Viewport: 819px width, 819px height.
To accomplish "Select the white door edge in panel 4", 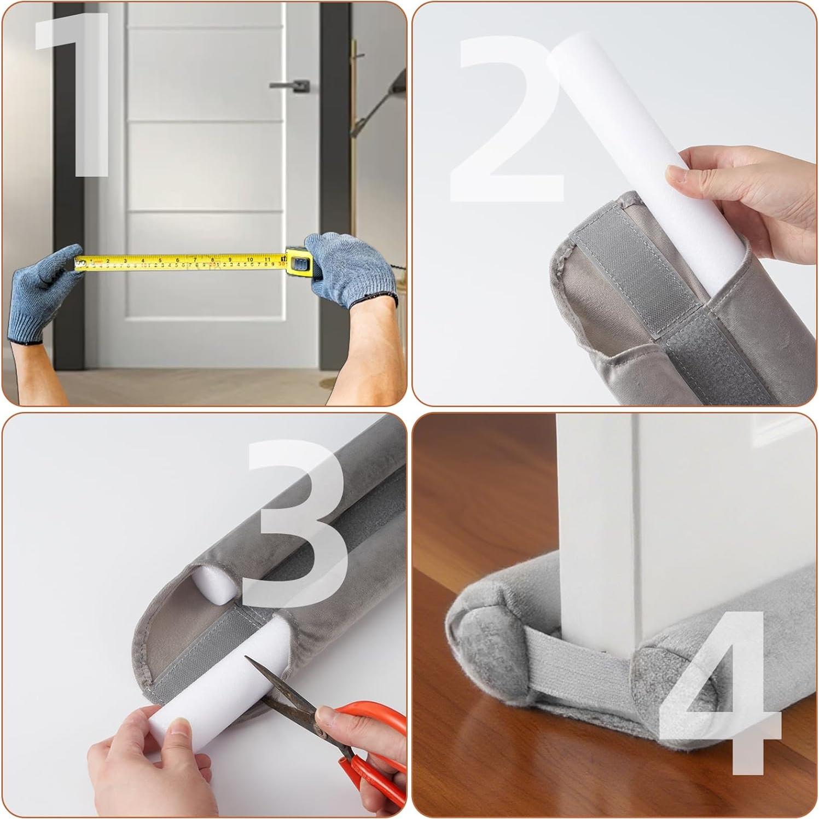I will tap(596, 520).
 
